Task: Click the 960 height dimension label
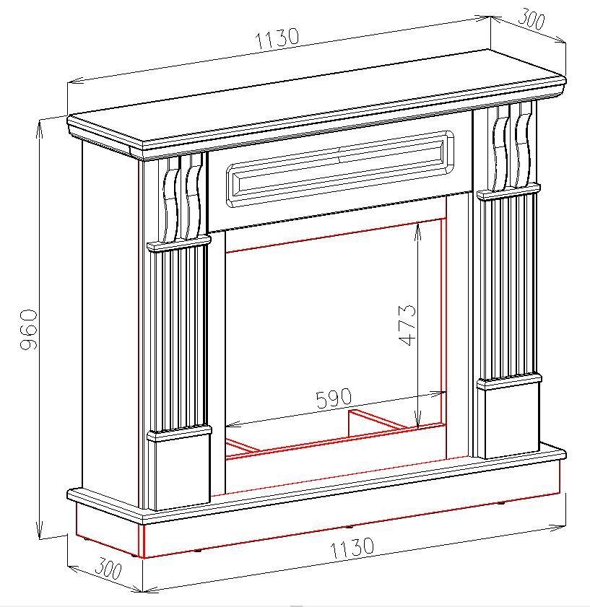(x=29, y=329)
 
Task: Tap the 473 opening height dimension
(x=407, y=325)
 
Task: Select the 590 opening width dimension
(x=334, y=398)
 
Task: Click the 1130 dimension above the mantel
(x=277, y=38)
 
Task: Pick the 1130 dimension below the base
(x=352, y=547)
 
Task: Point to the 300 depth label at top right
(x=532, y=19)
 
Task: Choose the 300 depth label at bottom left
(x=108, y=568)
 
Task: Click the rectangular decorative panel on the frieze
(x=340, y=168)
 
